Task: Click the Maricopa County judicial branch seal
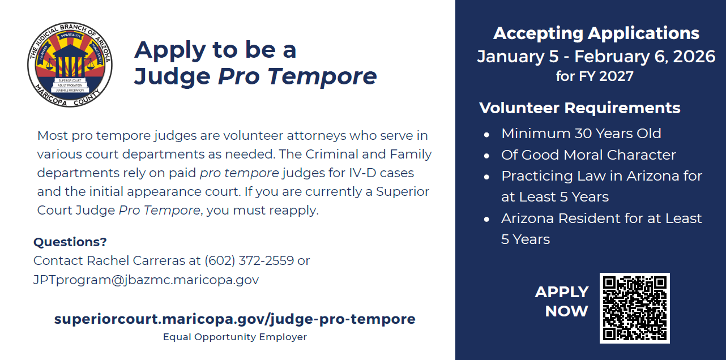(x=70, y=65)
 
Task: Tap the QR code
(x=635, y=308)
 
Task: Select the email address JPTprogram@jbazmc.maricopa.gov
(x=146, y=280)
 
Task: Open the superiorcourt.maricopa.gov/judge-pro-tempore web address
(x=234, y=319)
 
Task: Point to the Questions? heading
(x=70, y=242)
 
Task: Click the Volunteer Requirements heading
(x=579, y=108)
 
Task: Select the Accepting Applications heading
(x=596, y=33)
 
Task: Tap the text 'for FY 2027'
(x=595, y=76)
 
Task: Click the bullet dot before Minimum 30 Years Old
(x=486, y=135)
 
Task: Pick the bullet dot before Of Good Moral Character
(x=486, y=156)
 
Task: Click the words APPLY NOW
(x=562, y=301)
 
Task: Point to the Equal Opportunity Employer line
(x=234, y=337)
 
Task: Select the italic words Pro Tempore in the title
(x=297, y=76)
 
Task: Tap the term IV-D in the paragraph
(x=362, y=173)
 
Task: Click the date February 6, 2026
(x=644, y=57)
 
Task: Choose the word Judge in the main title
(x=172, y=77)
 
